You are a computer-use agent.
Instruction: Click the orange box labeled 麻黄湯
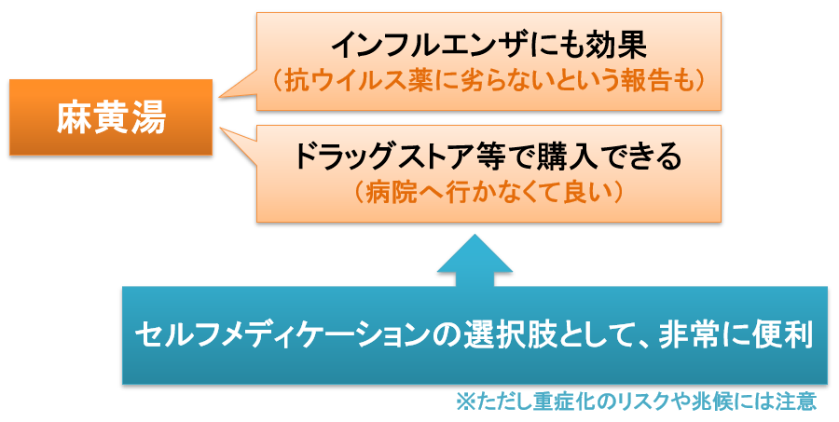coord(111,117)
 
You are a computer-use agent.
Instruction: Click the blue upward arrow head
coord(475,254)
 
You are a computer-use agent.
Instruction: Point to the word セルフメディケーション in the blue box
coord(282,335)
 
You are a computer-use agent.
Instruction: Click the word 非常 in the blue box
coord(689,335)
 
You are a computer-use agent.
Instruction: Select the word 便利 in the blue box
coord(783,335)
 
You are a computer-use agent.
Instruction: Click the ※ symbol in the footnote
coord(465,402)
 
